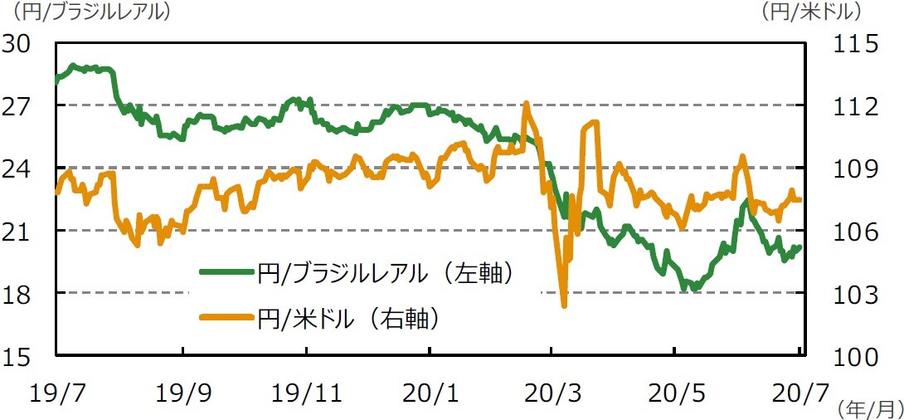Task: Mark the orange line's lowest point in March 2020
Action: (564, 305)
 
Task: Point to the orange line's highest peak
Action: (526, 104)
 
